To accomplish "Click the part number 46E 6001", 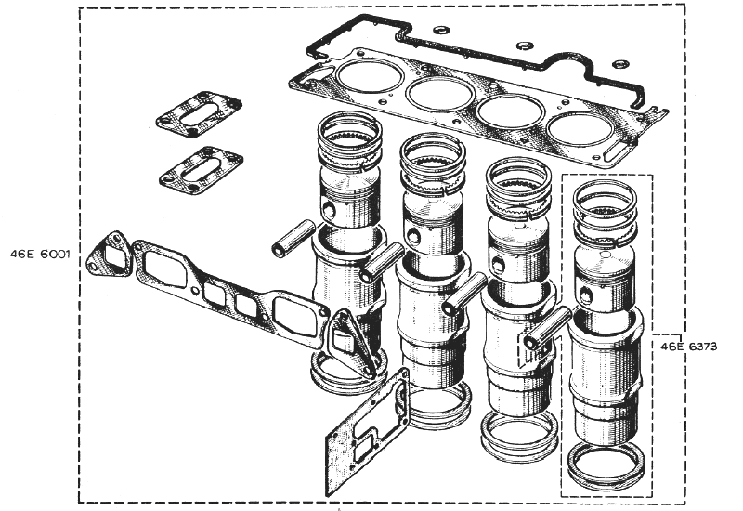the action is click(x=40, y=254).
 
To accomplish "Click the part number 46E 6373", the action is click(x=688, y=347).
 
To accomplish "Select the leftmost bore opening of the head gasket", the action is click(x=370, y=76).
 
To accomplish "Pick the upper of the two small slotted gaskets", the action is click(x=199, y=114).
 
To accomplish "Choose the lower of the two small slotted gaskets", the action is click(x=201, y=170).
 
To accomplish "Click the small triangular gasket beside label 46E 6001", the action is click(x=110, y=254).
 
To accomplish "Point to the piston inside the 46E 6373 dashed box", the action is click(x=606, y=281).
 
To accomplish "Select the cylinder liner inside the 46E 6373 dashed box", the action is click(x=606, y=374).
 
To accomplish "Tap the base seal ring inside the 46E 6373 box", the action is click(x=606, y=467).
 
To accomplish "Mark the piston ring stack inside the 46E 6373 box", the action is click(x=606, y=213).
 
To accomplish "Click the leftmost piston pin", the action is click(x=293, y=238).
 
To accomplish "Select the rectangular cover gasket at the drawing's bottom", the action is click(x=367, y=431).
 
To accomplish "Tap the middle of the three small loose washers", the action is click(x=525, y=46).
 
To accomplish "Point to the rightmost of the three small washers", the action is click(x=619, y=64).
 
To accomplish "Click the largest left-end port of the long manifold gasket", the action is click(x=165, y=269).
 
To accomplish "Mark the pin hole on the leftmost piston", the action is click(x=329, y=208).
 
